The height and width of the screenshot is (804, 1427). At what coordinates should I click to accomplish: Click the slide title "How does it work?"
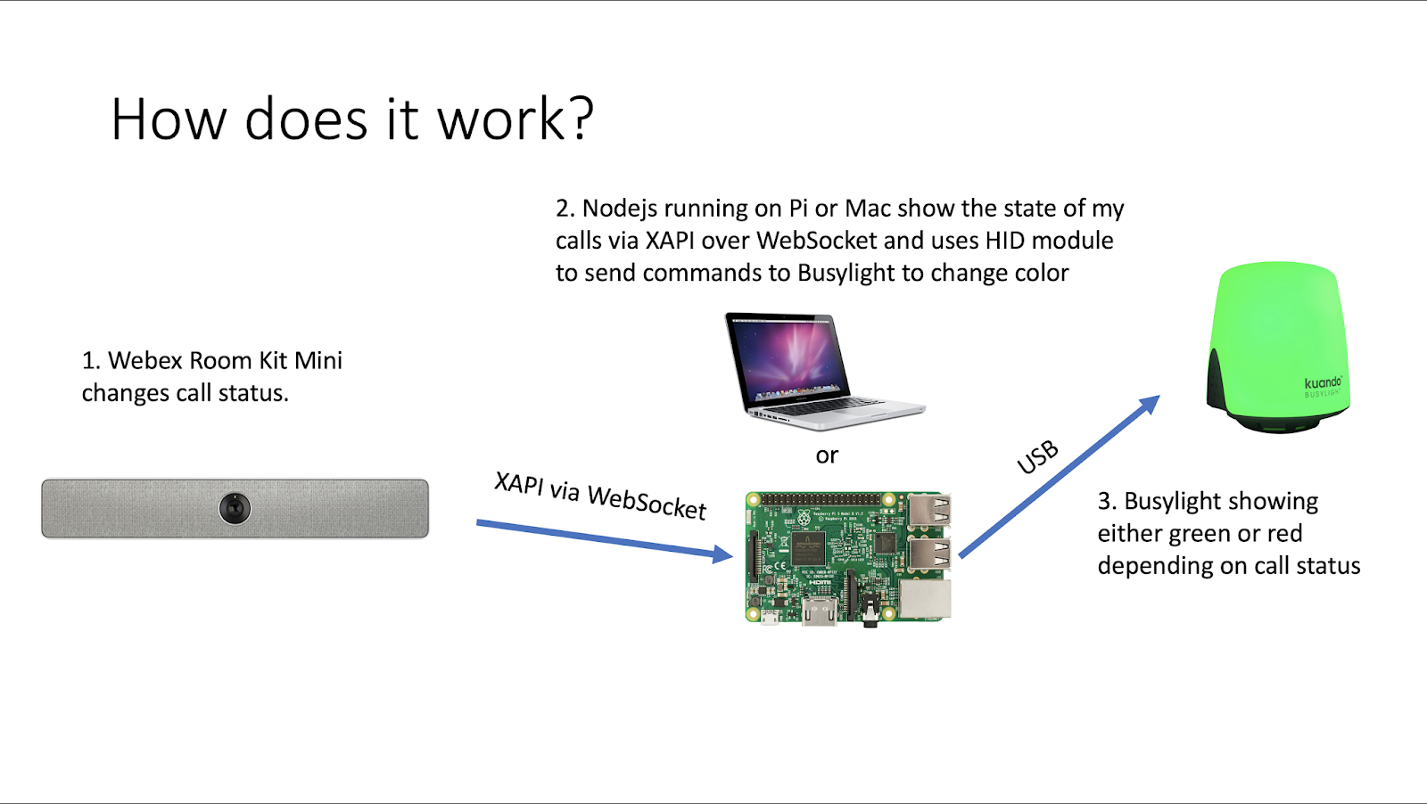(x=352, y=119)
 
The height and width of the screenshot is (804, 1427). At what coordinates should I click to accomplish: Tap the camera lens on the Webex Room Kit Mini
(x=235, y=508)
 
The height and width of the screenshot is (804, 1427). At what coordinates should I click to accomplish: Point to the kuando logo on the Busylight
(x=1323, y=383)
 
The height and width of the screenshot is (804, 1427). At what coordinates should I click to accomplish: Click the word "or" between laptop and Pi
(x=827, y=455)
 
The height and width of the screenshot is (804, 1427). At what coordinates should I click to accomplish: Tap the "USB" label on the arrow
(x=1038, y=457)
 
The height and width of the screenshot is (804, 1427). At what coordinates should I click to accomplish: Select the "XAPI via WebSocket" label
(x=600, y=496)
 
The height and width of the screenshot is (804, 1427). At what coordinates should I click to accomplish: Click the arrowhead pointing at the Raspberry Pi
(x=722, y=554)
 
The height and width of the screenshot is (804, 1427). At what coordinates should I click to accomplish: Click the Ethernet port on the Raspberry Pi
(x=925, y=599)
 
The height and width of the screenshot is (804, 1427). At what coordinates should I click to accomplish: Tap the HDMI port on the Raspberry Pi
(x=819, y=611)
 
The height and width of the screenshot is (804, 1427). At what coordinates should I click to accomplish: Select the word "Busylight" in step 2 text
(x=846, y=273)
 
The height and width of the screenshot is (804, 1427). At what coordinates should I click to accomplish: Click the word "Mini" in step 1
(x=318, y=360)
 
